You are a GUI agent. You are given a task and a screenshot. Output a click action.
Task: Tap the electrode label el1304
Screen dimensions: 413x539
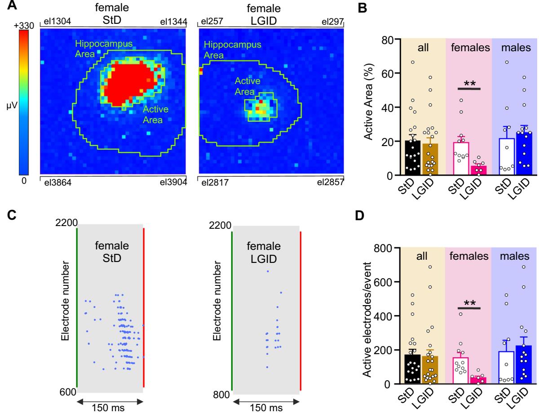pos(55,22)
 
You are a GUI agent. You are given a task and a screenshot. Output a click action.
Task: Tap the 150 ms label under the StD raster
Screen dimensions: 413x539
pos(110,408)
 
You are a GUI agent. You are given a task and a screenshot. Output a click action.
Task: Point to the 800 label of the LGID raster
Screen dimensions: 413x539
pos(221,395)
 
